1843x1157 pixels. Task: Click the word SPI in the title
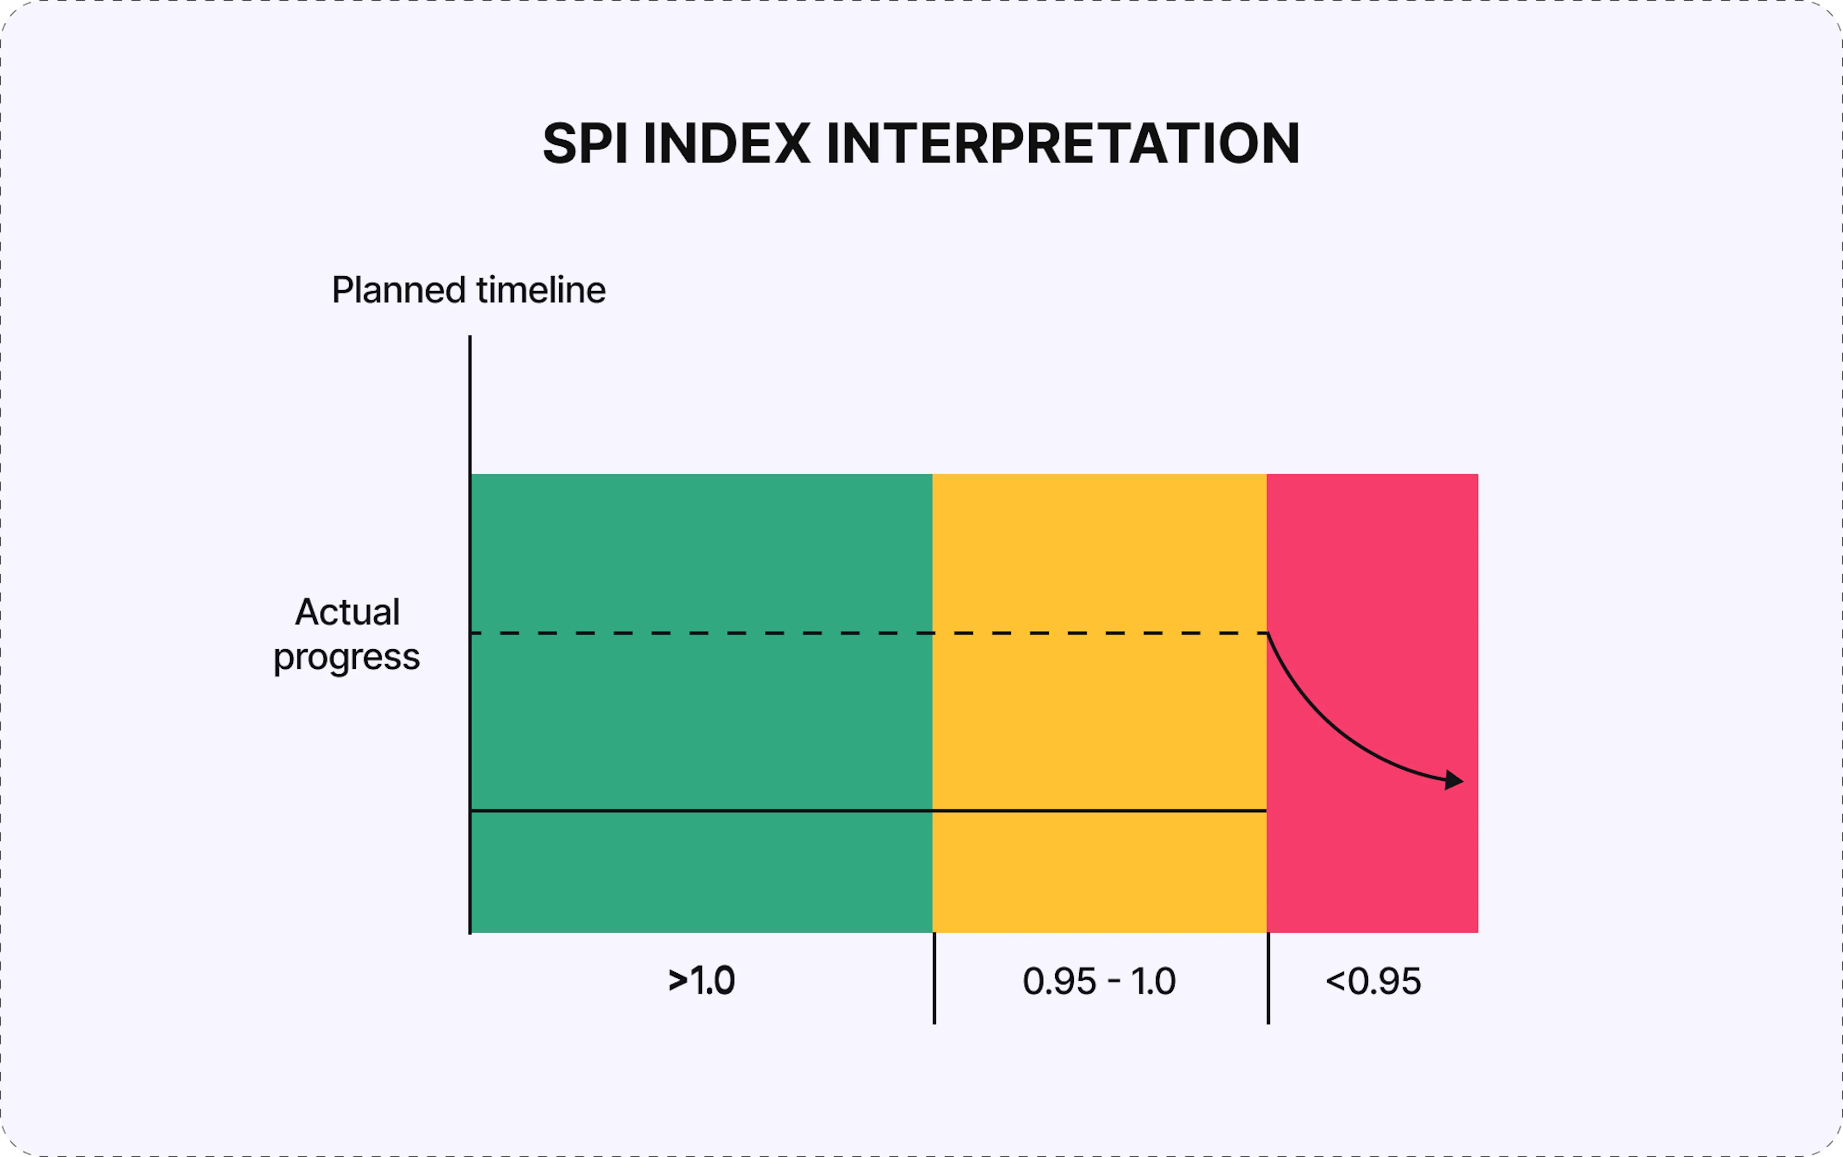[x=585, y=144]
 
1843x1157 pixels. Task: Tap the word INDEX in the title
[x=726, y=144]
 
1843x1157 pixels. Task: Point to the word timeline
[x=541, y=291]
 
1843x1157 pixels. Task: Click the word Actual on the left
[x=347, y=612]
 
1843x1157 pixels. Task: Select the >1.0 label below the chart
[x=701, y=981]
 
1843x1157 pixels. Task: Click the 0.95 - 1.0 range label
[x=1099, y=981]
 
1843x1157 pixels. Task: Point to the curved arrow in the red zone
[x=1330, y=727]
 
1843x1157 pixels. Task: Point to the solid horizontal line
[x=841, y=810]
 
